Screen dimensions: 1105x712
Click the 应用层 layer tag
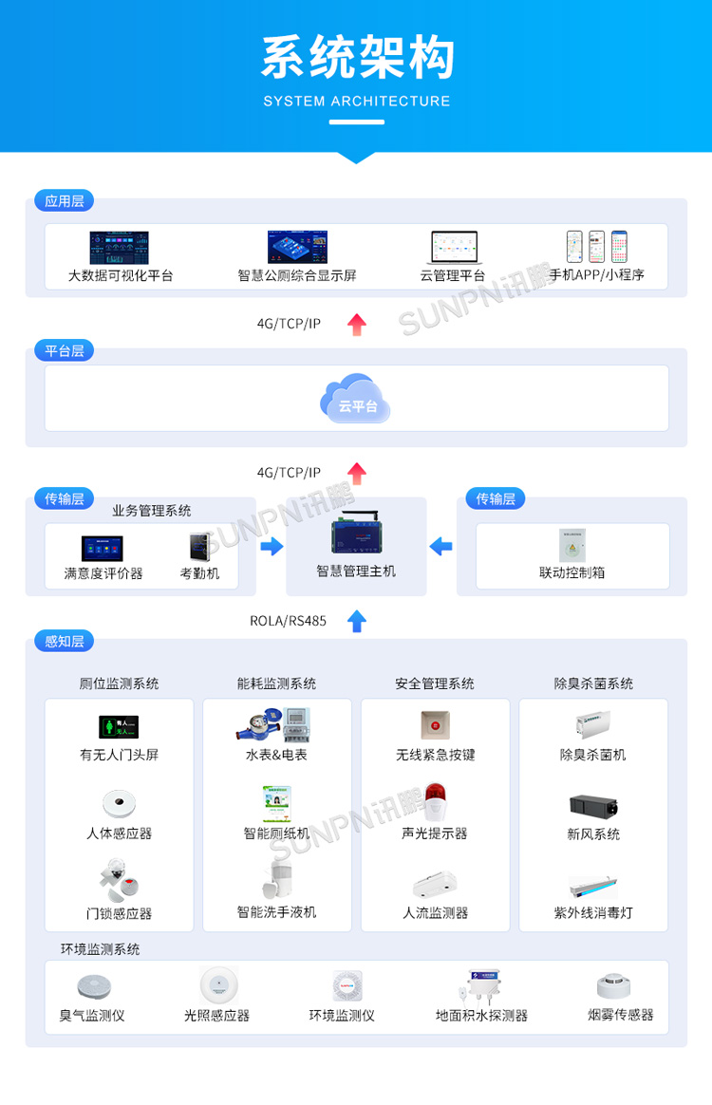pyautogui.click(x=65, y=201)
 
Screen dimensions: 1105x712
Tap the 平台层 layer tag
pyautogui.click(x=65, y=350)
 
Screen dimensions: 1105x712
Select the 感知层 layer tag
pyautogui.click(x=65, y=641)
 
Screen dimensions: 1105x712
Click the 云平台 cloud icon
pyautogui.click(x=356, y=399)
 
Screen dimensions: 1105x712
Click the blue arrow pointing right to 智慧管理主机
pyautogui.click(x=272, y=546)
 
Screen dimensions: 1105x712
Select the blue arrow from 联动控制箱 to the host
pyautogui.click(x=440, y=546)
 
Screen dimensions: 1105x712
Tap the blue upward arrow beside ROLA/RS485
pyautogui.click(x=357, y=621)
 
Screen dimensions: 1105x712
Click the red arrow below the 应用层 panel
pyautogui.click(x=357, y=324)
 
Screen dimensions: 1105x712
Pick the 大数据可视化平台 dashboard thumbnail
pyautogui.click(x=120, y=248)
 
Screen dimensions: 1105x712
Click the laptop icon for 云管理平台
pyautogui.click(x=454, y=248)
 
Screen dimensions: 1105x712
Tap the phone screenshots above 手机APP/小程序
pyautogui.click(x=597, y=247)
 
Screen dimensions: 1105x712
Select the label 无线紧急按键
pyautogui.click(x=435, y=756)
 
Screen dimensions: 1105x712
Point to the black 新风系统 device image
pyautogui.click(x=593, y=806)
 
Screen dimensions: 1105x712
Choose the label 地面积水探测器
pyautogui.click(x=481, y=1015)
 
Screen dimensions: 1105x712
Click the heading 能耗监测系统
pyautogui.click(x=276, y=684)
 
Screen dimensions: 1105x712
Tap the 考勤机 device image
pyautogui.click(x=199, y=546)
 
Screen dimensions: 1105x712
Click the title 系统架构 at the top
pyautogui.click(x=357, y=57)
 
